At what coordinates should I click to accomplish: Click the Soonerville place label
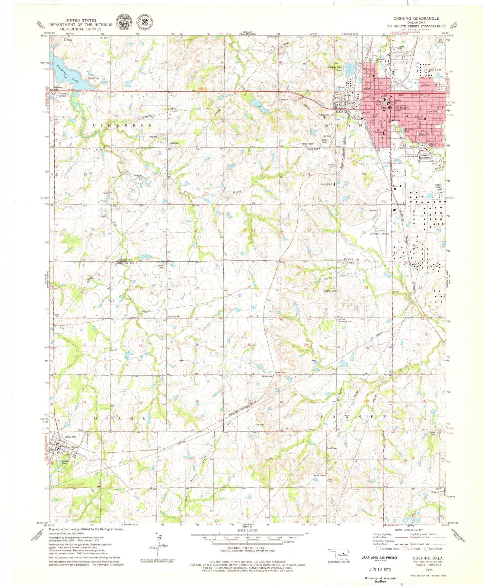coord(174,316)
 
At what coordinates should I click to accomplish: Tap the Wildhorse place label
coord(267,376)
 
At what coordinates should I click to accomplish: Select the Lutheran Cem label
coord(329,291)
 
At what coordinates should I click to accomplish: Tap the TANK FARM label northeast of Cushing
coord(435,70)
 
